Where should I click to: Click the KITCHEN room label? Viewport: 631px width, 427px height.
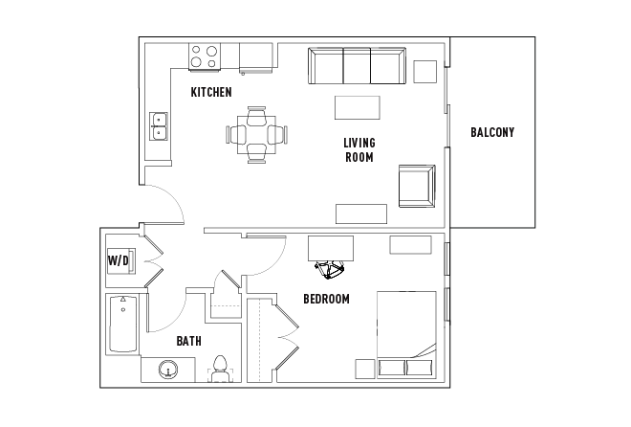(211, 93)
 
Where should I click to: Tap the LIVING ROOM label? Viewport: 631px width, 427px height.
(359, 150)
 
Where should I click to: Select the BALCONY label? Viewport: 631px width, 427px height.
(492, 133)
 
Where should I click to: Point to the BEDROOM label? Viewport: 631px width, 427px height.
(326, 299)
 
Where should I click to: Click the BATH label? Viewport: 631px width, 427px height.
(188, 341)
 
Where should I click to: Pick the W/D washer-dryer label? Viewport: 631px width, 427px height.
(118, 260)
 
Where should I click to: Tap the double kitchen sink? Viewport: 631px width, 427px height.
(159, 125)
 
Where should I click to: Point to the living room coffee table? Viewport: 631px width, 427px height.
(357, 105)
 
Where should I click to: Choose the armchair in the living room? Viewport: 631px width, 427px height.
(416, 185)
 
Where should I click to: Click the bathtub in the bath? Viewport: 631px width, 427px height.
(122, 325)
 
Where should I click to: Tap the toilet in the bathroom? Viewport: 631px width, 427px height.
(219, 369)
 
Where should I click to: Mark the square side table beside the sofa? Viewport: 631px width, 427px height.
(424, 71)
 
